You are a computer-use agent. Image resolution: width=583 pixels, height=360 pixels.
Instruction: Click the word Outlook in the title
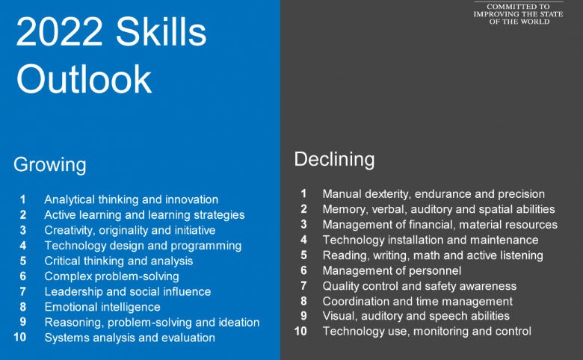point(84,78)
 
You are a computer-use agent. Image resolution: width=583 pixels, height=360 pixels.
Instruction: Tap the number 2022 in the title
point(60,31)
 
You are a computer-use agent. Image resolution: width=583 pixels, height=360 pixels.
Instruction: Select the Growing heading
point(50,165)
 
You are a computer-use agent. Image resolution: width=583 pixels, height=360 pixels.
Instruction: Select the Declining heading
point(334,160)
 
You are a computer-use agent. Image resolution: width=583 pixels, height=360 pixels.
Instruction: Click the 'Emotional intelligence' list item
point(102,307)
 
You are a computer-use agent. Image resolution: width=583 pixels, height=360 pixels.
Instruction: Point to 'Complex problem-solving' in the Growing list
point(111,276)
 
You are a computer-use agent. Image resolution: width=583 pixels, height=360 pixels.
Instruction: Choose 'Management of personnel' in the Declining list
point(392,270)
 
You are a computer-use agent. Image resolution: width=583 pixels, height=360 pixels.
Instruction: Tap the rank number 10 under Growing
point(20,338)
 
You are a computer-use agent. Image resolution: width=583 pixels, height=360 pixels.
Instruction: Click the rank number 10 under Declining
point(300,331)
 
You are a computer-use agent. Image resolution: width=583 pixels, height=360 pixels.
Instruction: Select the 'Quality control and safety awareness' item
point(419,286)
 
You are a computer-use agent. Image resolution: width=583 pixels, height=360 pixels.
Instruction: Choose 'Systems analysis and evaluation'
point(130,338)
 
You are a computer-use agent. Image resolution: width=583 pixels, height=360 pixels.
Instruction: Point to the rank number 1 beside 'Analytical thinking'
point(22,199)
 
